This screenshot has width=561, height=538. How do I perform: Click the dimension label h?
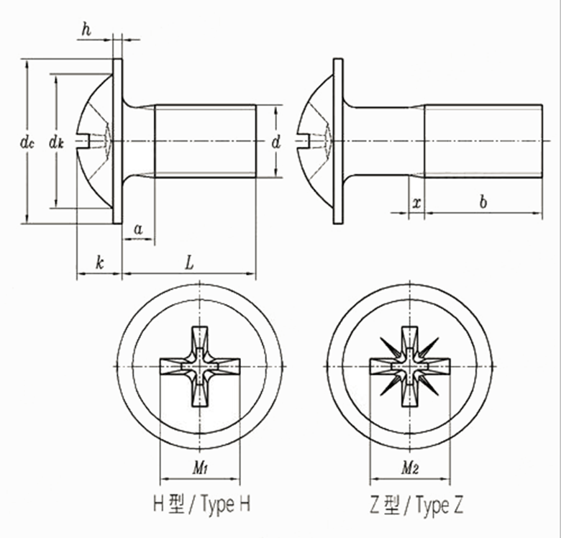coord(86,29)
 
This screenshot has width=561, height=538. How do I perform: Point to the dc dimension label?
coord(27,142)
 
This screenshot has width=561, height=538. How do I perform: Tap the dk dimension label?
coord(56,142)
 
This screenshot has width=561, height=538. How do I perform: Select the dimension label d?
coord(275,142)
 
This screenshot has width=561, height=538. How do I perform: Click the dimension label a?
coord(138,229)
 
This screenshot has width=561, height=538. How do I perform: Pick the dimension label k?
coord(100,263)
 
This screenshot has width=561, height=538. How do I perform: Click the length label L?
coord(189,263)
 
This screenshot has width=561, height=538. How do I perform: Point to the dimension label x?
coord(416,203)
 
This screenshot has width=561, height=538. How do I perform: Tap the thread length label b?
coord(483,201)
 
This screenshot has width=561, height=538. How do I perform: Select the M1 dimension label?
coord(201,467)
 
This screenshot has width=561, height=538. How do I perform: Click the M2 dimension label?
coord(410,467)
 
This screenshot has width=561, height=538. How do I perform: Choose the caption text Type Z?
coord(439,505)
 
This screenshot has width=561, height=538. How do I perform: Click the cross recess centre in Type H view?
coord(200,366)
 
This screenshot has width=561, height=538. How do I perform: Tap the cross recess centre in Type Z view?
coord(410,366)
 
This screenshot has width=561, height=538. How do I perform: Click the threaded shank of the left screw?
coord(206,141)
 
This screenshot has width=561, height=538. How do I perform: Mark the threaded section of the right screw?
coord(483,141)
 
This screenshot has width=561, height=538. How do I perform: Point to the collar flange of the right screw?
coord(338,141)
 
